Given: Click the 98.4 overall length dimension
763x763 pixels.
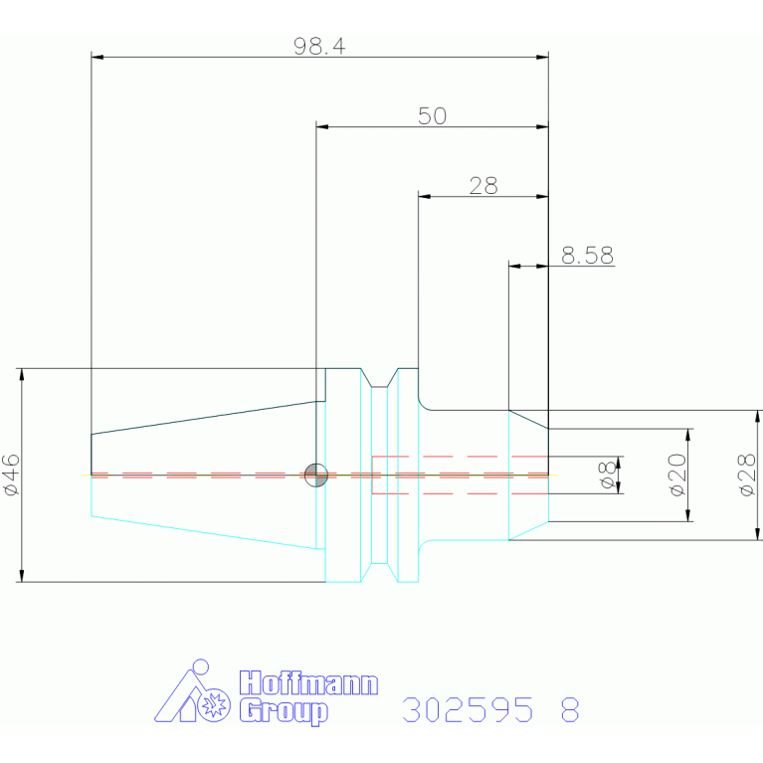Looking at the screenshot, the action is [319, 46].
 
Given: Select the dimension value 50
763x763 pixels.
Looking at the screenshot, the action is [432, 115].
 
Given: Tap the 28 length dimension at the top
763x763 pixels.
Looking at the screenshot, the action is [483, 185].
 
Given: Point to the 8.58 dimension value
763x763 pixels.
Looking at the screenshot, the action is [587, 256].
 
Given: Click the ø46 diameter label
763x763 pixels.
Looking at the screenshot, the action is [12, 475].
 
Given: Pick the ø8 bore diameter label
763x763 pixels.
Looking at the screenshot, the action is [608, 476].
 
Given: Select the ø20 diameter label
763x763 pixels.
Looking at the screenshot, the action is [677, 475].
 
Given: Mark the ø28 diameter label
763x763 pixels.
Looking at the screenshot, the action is [747, 475].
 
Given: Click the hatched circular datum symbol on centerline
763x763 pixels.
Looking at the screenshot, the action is [316, 475].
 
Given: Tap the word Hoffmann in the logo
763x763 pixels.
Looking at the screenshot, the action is [308, 683].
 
